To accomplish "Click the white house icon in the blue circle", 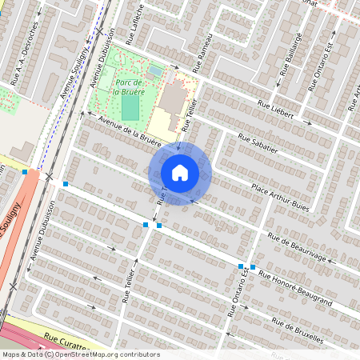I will [x=180, y=173].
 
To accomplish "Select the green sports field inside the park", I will [x=130, y=106].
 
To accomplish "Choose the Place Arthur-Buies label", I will [x=279, y=195].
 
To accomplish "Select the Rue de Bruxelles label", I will [x=298, y=332].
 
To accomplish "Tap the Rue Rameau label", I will [x=203, y=51].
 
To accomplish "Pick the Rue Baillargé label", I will [x=289, y=59].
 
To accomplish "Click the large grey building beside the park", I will [x=174, y=98].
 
